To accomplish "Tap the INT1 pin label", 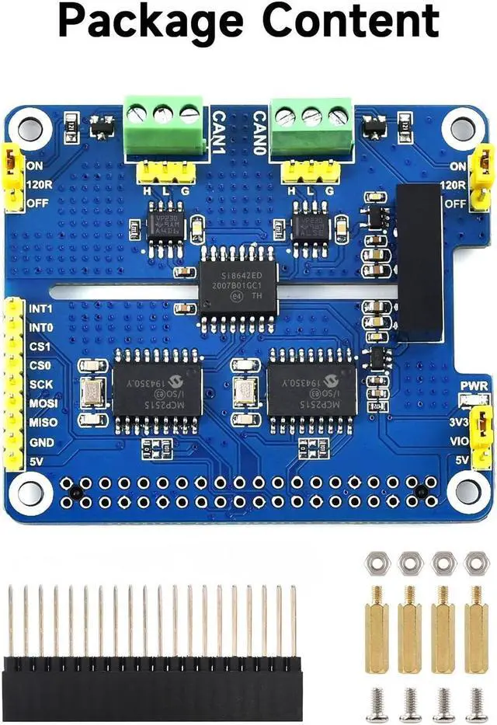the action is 40,308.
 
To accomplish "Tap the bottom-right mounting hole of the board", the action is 467,490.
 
